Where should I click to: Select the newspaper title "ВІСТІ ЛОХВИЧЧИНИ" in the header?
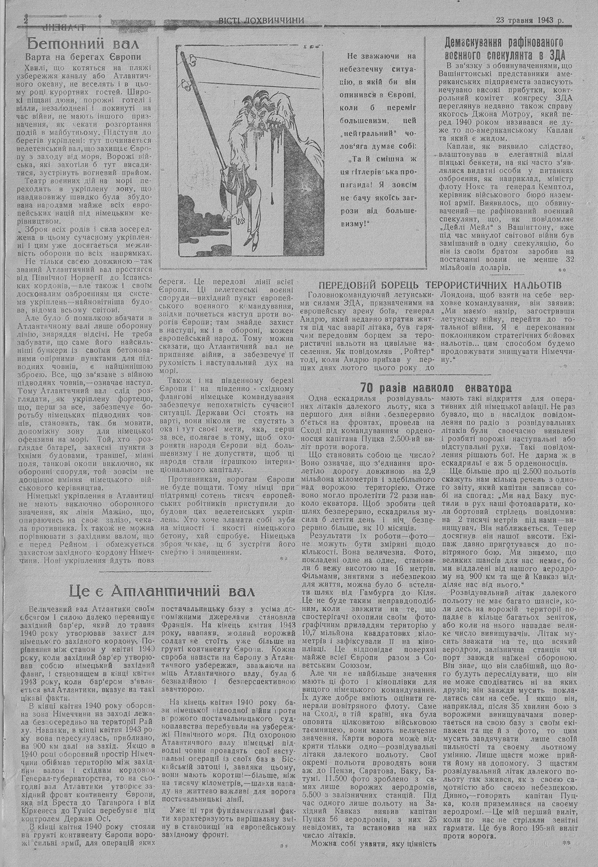261,20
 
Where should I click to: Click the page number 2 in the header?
26,20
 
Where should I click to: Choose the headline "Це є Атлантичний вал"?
161,591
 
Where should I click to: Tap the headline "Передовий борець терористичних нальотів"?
440,284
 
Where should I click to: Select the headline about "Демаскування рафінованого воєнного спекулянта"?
505,48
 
